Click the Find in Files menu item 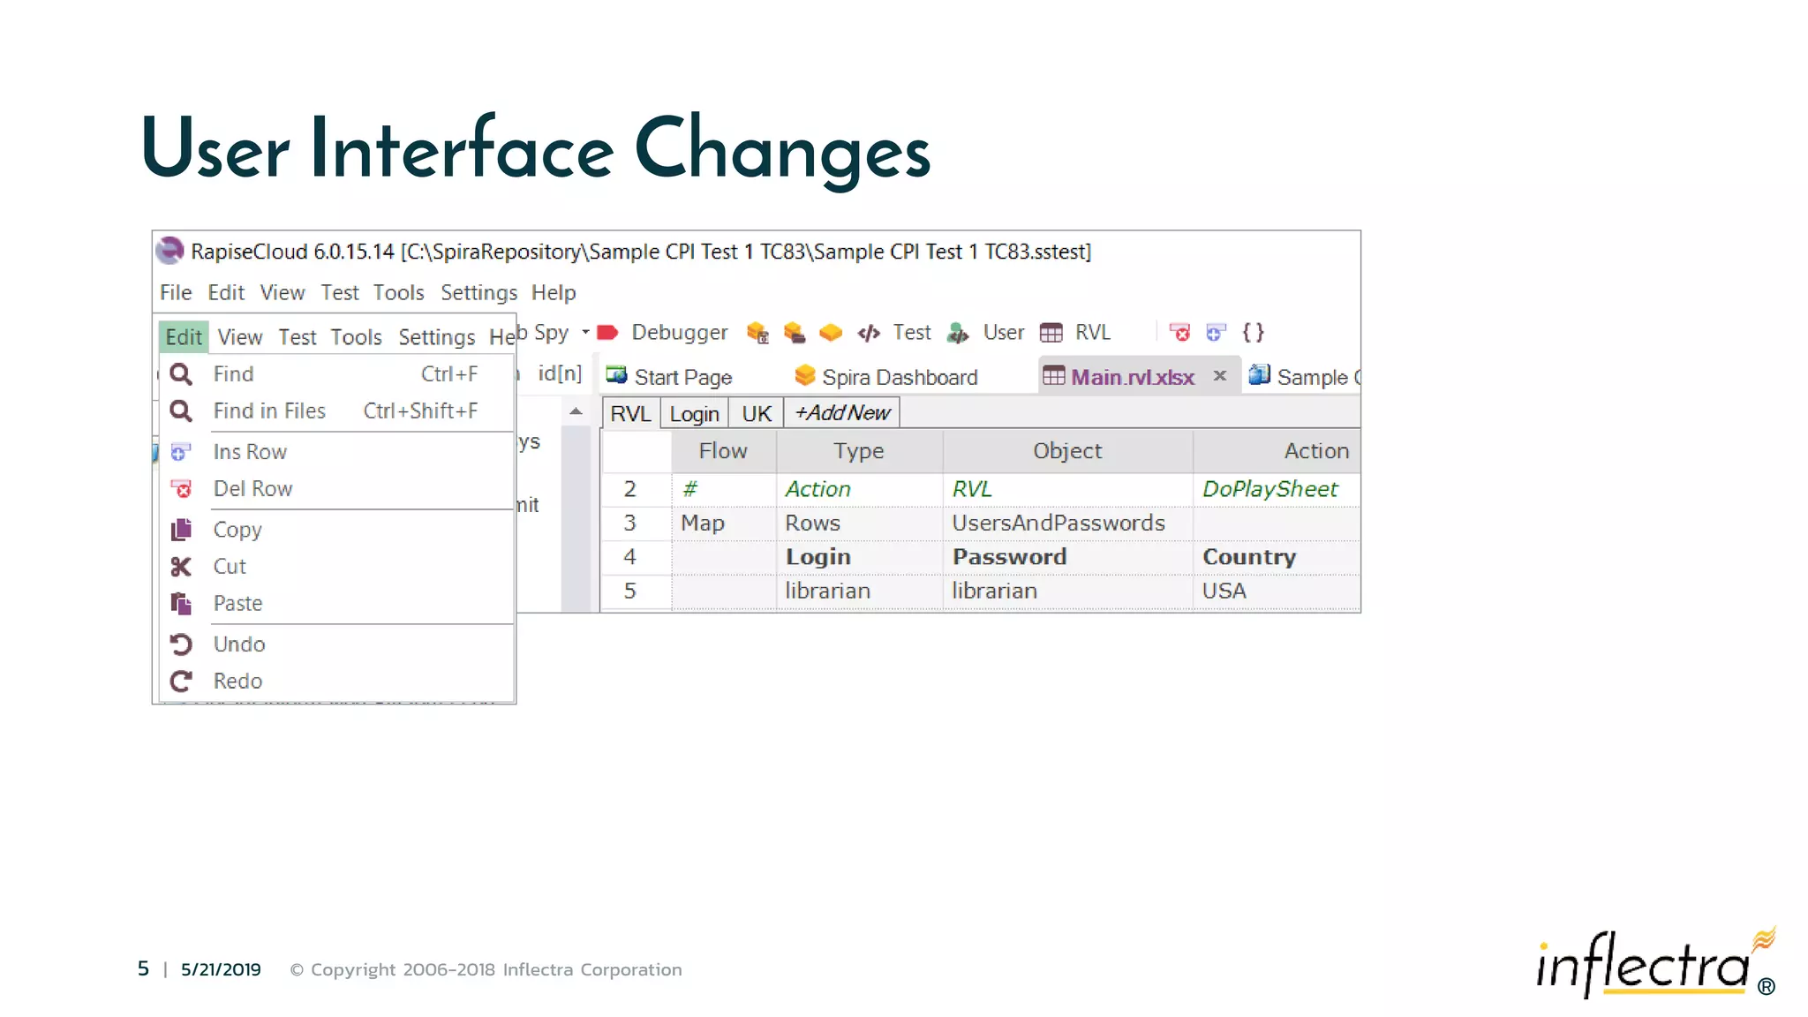click(269, 411)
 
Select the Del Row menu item click(252, 489)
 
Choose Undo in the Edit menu click(239, 644)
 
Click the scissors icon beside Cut click(181, 567)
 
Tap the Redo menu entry click(237, 682)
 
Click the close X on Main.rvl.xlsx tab click(1220, 376)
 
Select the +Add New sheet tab click(842, 413)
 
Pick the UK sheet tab click(757, 414)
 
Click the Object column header click(1067, 451)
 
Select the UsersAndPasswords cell click(1058, 524)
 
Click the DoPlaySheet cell click(1269, 489)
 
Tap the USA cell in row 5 click(1224, 591)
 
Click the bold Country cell click(1249, 557)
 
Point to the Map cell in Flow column click(703, 524)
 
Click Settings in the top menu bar click(478, 293)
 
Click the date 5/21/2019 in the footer click(221, 969)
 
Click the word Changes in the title click(782, 150)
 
